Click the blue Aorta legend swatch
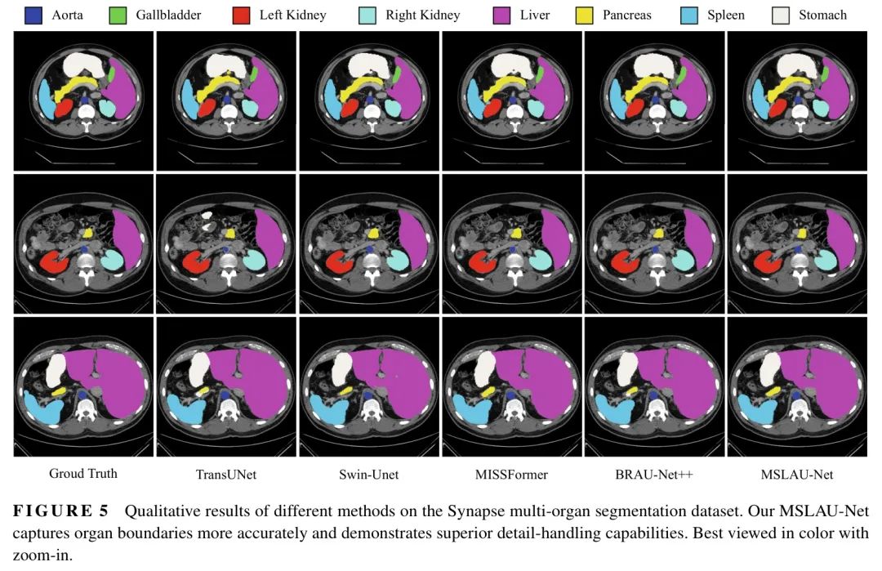33,16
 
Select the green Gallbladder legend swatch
118,16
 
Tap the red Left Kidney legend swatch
241,16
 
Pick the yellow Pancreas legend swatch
585,16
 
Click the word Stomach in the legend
822,16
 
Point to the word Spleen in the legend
726,16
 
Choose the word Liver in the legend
534,16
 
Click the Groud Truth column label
83,473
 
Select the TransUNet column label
226,475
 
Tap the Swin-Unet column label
368,475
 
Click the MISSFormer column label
511,475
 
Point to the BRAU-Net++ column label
654,475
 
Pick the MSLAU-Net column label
797,475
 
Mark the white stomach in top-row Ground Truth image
84,65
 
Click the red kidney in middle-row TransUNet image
194,261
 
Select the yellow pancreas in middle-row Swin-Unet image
373,233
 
